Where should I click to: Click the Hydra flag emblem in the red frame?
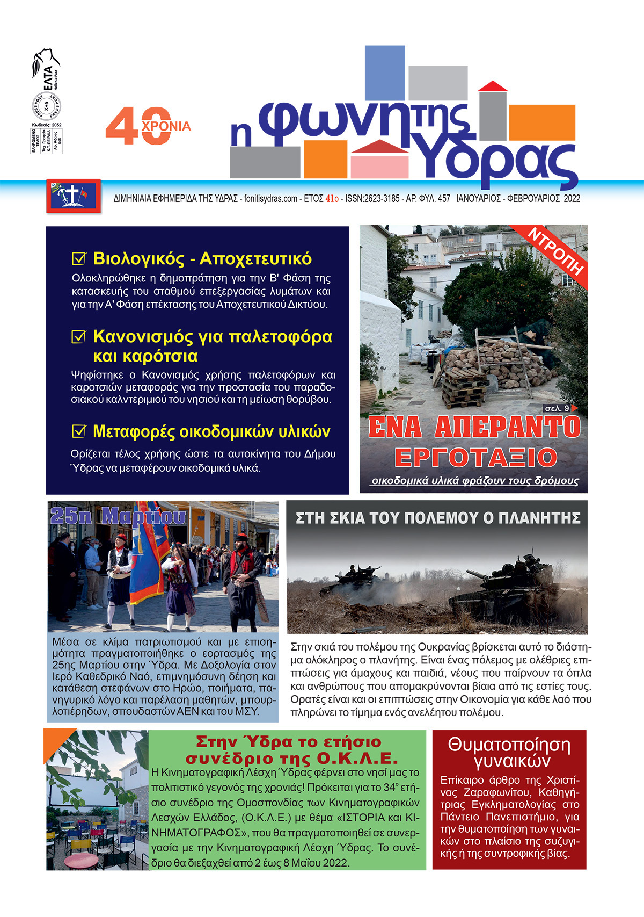(74, 196)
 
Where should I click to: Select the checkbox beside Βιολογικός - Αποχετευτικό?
(79, 259)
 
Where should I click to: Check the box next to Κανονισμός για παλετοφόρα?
(79, 337)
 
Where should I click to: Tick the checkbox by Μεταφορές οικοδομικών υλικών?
(79, 431)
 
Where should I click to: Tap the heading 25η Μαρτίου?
(118, 516)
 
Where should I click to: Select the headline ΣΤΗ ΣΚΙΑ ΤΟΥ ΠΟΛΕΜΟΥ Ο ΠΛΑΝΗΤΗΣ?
(438, 518)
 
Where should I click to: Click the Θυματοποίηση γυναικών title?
(509, 753)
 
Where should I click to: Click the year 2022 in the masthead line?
(572, 199)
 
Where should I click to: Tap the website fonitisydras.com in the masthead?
(270, 199)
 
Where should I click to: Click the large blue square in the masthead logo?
(385, 73)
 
